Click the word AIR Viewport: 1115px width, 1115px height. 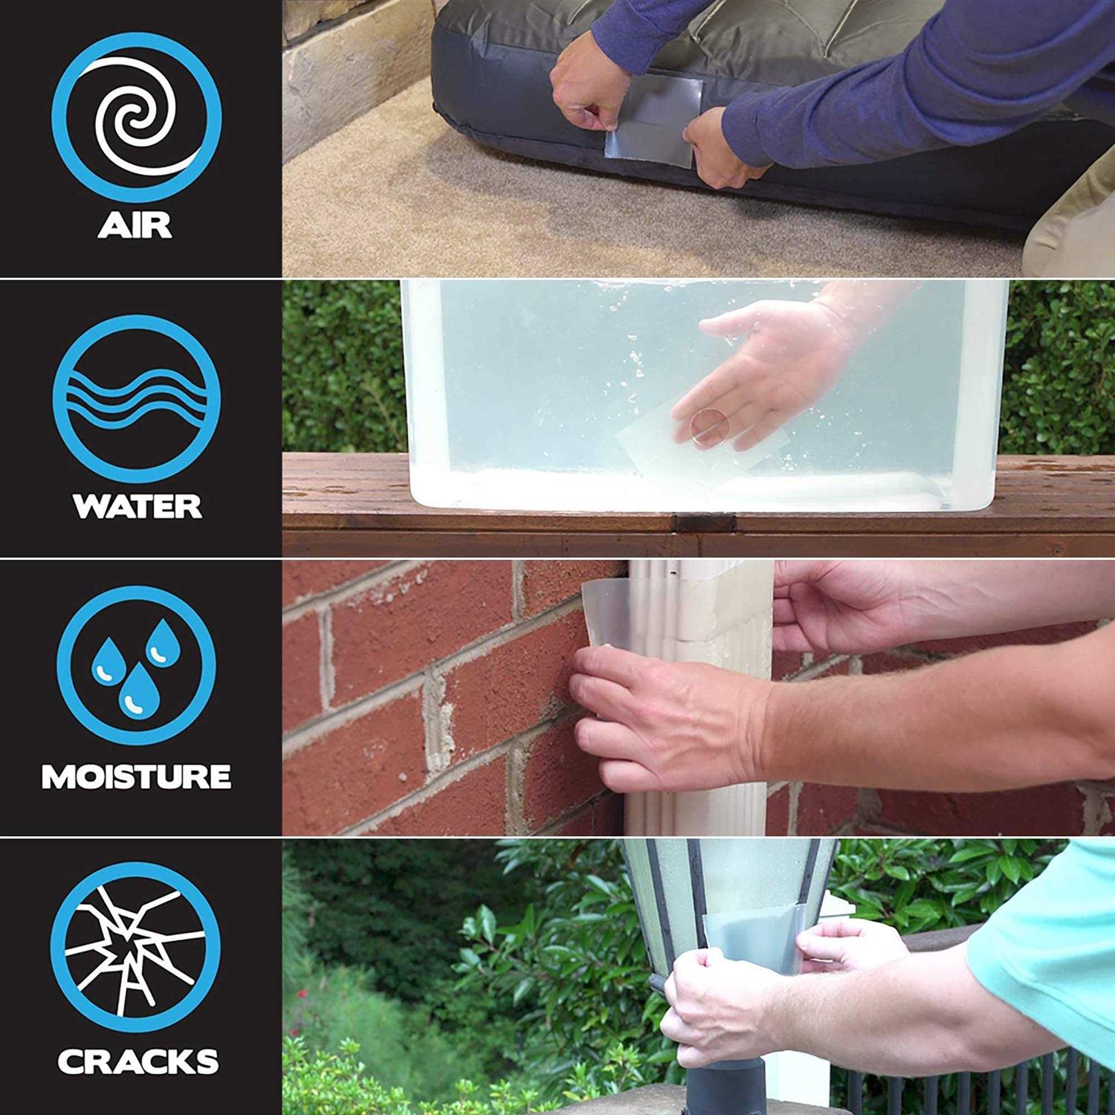pyautogui.click(x=135, y=225)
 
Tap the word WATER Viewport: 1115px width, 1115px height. pyautogui.click(x=137, y=506)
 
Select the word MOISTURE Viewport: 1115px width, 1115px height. pyautogui.click(x=136, y=777)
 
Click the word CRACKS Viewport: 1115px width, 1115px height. pyautogui.click(x=138, y=1061)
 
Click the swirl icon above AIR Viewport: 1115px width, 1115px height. pyautogui.click(x=136, y=117)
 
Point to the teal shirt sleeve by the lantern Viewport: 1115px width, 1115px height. pyautogui.click(x=1056, y=944)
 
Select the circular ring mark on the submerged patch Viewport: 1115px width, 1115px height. pyautogui.click(x=708, y=430)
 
